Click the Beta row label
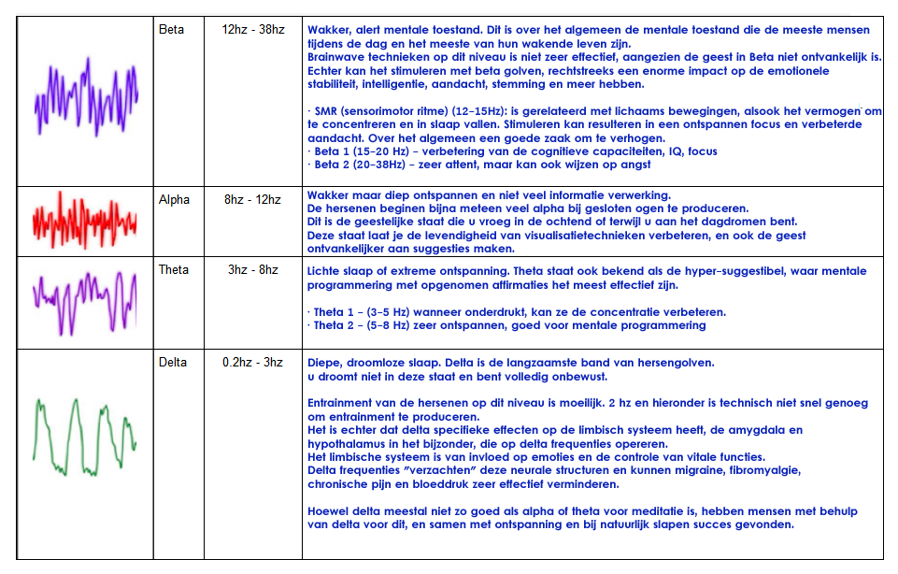click(171, 30)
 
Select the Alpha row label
click(174, 200)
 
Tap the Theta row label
click(174, 270)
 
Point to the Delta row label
click(173, 362)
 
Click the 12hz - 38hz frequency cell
click(253, 30)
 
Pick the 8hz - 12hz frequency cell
click(253, 200)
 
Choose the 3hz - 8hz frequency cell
click(253, 270)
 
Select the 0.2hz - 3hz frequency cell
click(253, 362)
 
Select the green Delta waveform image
click(85, 436)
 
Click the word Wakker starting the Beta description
click(327, 31)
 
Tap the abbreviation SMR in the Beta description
click(328, 112)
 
